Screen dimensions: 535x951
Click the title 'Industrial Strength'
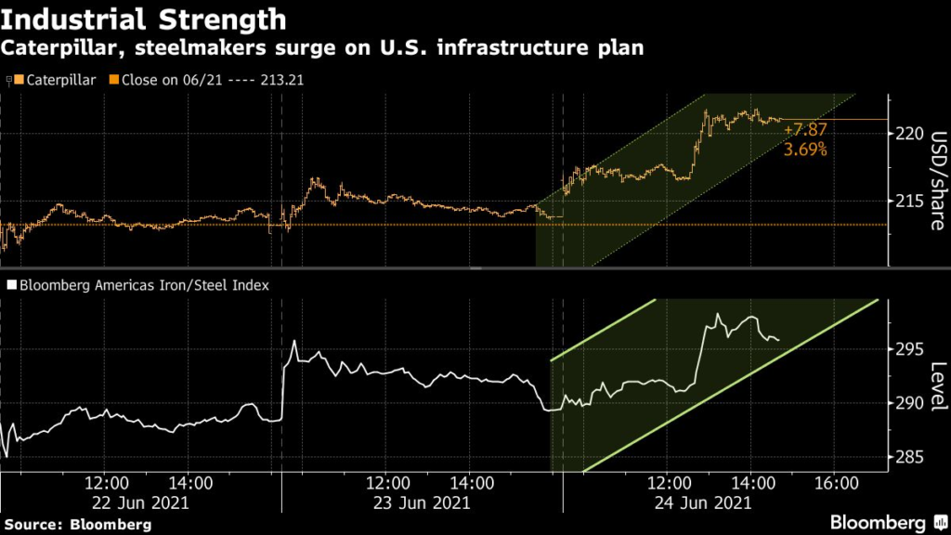coord(145,20)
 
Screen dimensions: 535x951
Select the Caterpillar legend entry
coord(57,80)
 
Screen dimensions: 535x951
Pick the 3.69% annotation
coord(804,149)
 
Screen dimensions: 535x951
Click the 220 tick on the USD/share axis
coord(911,134)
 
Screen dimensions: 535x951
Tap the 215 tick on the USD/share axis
coord(911,201)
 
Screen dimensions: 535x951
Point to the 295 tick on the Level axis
coord(911,349)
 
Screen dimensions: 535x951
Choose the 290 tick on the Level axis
coord(911,403)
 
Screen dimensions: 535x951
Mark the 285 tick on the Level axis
coord(911,457)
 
